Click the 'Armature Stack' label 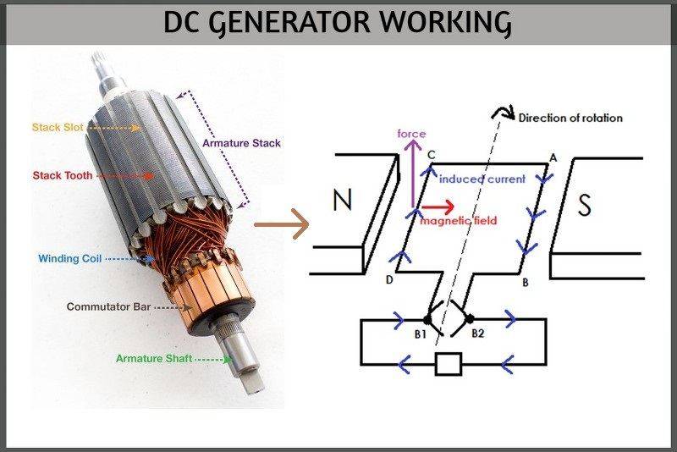[x=241, y=143]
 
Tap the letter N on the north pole [x=343, y=201]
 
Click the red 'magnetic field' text [x=458, y=221]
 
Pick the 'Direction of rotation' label [x=570, y=118]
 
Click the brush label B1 [x=421, y=333]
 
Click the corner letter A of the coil [x=553, y=157]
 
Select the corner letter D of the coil [x=390, y=279]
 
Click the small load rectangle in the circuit [x=448, y=365]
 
